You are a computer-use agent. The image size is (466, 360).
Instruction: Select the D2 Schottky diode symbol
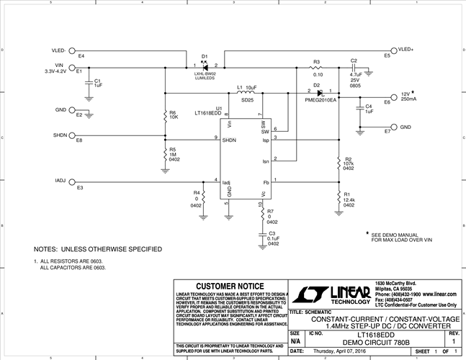319,92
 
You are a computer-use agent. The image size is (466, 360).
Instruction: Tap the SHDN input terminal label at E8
60,135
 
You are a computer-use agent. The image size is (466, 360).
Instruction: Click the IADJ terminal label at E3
61,180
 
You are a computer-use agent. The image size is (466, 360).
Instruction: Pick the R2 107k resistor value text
349,163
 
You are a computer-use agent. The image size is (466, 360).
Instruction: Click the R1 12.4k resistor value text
349,199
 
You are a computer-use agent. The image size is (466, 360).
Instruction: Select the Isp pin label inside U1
265,140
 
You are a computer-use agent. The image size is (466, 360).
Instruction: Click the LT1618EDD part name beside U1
209,113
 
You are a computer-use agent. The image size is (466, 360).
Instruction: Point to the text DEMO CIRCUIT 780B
367,342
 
